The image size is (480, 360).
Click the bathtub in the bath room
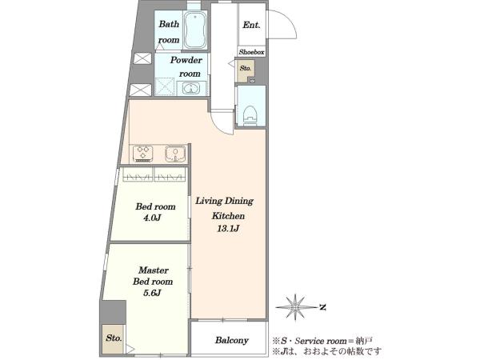coord(194,30)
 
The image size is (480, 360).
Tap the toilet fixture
coord(250,116)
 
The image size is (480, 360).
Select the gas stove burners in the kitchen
coord(143,154)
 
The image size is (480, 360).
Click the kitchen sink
coord(175,154)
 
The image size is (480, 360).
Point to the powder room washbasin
coord(191,88)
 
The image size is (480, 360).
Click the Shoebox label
coord(251,52)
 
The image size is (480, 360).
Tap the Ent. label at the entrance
coord(251,25)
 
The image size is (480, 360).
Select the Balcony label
coord(231,340)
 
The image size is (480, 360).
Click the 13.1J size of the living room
coord(228,228)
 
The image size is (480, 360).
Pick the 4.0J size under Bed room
coord(152,218)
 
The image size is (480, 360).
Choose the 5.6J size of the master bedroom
coord(152,293)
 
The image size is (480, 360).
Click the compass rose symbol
coord(295,306)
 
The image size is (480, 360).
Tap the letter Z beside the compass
coord(322,306)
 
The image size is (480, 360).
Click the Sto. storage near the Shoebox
coord(246,70)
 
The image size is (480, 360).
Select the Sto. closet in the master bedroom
coord(114,339)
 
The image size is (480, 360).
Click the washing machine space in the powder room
coord(165,86)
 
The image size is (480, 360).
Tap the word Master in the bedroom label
coord(153,270)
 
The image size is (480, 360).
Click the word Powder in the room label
coord(186,60)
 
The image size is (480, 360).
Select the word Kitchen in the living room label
coord(228,216)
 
